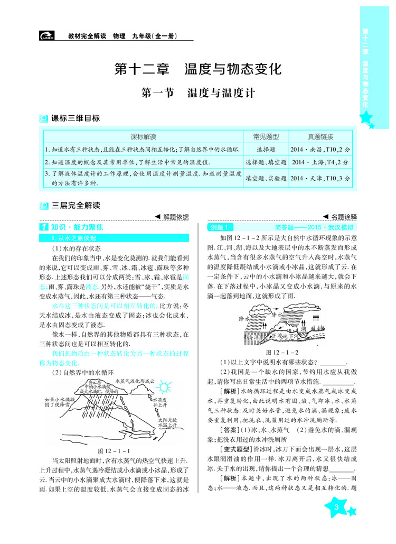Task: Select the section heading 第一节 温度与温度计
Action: pos(199,94)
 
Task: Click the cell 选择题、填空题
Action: pos(266,162)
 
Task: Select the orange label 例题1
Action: pos(218,227)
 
